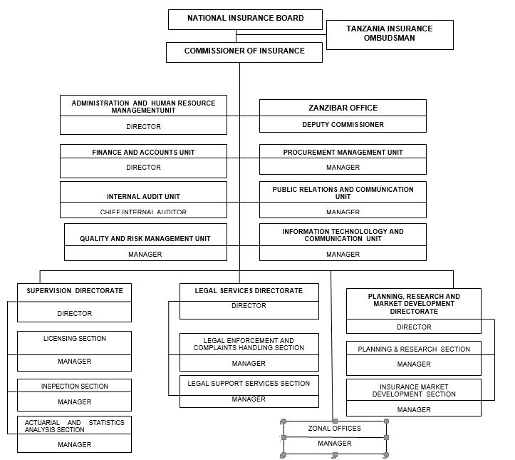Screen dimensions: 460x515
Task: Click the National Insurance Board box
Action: [245, 19]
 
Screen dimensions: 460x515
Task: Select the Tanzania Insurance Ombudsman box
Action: [389, 34]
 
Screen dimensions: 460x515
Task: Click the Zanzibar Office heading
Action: [343, 108]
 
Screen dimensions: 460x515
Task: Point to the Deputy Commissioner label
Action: [343, 125]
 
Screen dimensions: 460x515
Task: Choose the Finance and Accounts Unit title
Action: [143, 153]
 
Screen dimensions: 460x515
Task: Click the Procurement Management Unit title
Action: [343, 153]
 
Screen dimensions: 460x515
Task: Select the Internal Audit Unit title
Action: [143, 196]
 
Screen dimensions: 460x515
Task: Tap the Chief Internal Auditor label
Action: [143, 212]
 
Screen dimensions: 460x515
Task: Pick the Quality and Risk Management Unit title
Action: [145, 239]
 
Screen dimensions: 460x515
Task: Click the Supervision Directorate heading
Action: [75, 291]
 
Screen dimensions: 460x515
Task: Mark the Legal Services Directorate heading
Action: [249, 291]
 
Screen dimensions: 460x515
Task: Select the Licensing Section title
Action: [75, 339]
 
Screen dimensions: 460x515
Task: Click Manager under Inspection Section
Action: [75, 402]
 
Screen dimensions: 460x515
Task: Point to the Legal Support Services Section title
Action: [249, 384]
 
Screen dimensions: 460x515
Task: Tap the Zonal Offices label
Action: [334, 429]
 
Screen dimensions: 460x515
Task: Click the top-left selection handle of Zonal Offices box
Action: [283, 421]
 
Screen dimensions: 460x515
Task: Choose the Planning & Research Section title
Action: [414, 349]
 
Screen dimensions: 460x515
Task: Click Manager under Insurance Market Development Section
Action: [414, 410]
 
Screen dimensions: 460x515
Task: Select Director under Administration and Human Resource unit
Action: [143, 127]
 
